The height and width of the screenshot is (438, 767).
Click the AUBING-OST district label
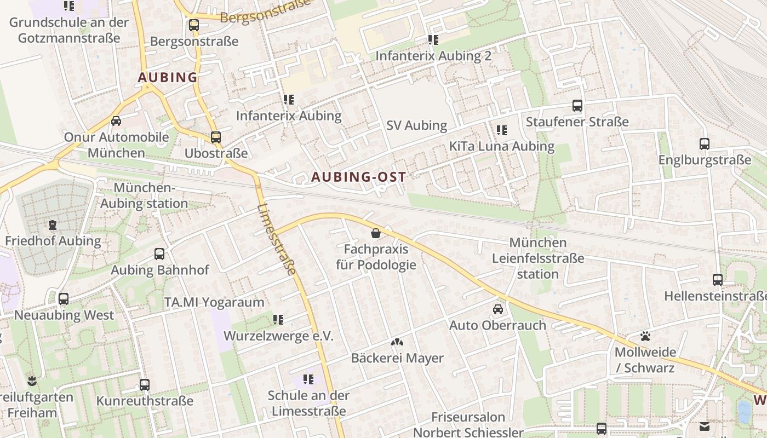[x=359, y=177]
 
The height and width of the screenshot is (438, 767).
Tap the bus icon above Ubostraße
[x=216, y=137]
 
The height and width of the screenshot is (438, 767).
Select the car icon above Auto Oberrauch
[x=498, y=309]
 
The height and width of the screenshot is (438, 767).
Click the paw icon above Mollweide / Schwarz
[x=645, y=336]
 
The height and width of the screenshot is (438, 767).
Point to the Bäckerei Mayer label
[x=397, y=358]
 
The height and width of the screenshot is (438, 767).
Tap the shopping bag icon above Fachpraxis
[x=376, y=234]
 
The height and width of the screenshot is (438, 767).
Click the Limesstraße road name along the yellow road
[x=277, y=239]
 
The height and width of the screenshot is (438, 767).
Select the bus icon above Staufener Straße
[x=577, y=106]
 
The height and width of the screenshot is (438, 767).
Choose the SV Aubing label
[x=417, y=125]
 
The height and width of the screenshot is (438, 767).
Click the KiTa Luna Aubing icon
[x=502, y=130]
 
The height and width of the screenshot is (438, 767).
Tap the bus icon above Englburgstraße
[x=705, y=144]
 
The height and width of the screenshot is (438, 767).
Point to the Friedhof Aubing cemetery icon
[x=53, y=225]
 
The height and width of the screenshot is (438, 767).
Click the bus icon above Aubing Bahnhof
[x=159, y=254]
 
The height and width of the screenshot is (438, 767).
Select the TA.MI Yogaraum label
[x=214, y=302]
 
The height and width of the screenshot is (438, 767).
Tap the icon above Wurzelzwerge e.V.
[x=278, y=320]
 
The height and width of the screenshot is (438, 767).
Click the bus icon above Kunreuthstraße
[x=145, y=385]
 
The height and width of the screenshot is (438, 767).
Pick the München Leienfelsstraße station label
[x=538, y=258]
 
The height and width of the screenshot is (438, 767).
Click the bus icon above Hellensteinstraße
[x=718, y=280]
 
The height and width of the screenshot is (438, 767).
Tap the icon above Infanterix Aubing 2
[x=433, y=40]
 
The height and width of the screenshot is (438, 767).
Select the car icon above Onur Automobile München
[x=116, y=121]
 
